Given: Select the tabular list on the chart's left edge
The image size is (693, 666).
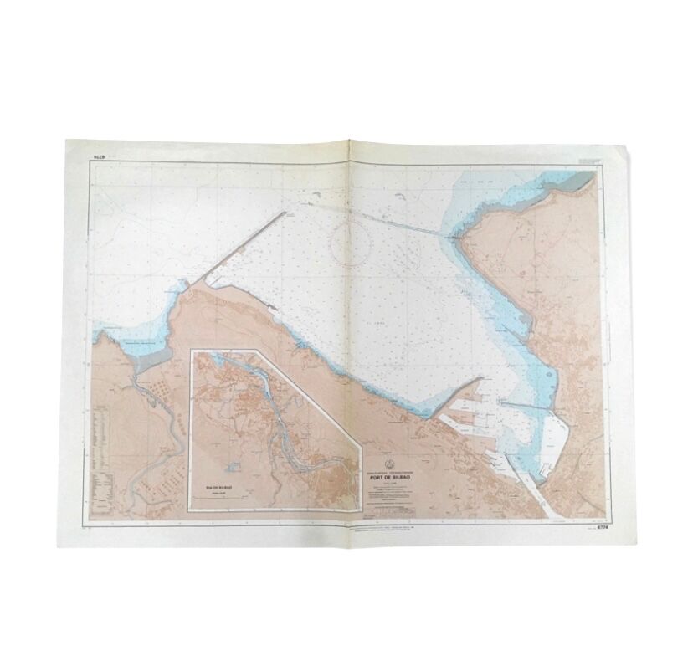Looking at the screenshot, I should tap(104, 452).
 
